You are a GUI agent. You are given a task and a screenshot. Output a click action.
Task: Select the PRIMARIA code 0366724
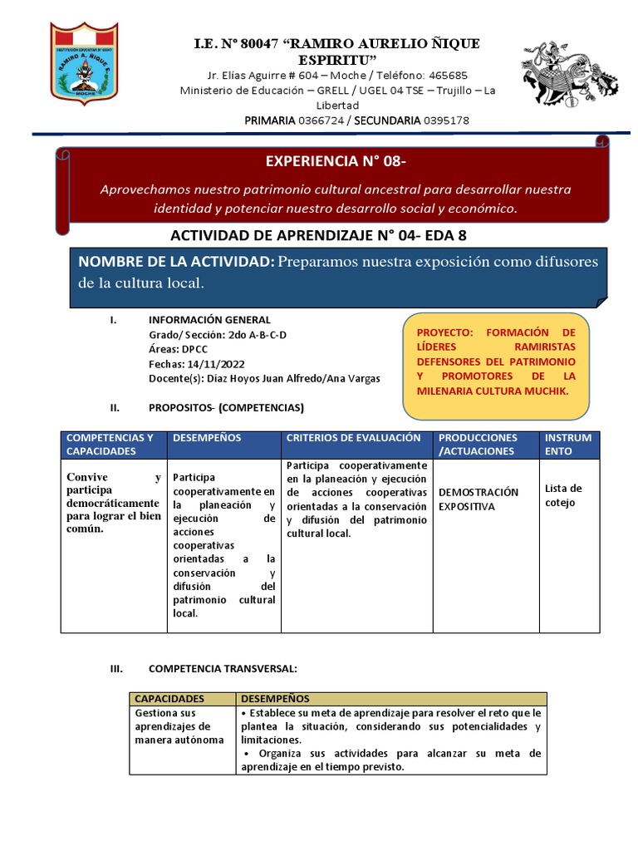pos(322,121)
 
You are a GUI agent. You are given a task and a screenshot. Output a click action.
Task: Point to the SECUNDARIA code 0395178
pos(446,121)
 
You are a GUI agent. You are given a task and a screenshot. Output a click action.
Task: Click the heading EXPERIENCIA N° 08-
pos(336,160)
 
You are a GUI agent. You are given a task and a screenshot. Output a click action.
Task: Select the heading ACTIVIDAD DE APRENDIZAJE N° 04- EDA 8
pos(324,236)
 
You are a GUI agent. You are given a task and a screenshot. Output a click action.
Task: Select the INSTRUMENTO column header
pos(568,445)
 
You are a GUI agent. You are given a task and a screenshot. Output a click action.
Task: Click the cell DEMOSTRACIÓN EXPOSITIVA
pos(478,499)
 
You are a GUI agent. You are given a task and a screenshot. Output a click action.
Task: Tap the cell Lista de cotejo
pos(563,495)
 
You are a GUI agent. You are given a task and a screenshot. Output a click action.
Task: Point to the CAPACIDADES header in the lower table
pos(169,700)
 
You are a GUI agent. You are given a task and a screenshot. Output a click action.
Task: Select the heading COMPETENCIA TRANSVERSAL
pos(222,668)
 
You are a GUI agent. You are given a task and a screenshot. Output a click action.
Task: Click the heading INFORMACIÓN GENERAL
pos(209,320)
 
